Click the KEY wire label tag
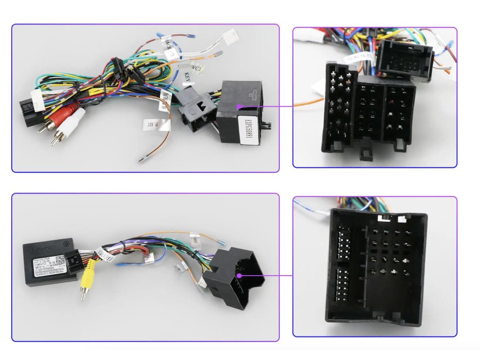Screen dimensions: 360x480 [187, 77]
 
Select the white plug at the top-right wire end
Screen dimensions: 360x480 [230, 37]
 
